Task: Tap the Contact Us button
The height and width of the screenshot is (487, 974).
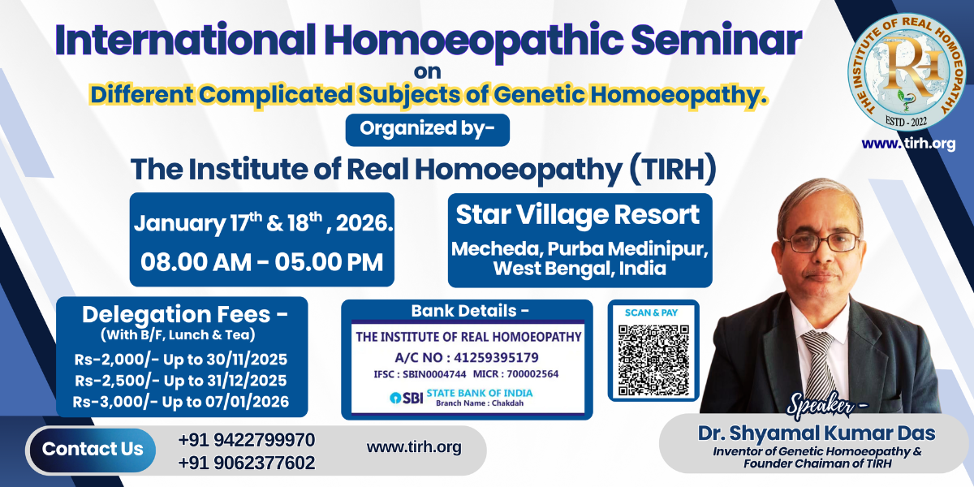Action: click(x=93, y=449)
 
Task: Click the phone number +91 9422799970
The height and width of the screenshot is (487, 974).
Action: click(x=247, y=440)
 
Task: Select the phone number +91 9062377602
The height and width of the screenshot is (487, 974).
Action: click(x=247, y=463)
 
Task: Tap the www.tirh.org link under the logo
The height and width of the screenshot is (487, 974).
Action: click(x=908, y=144)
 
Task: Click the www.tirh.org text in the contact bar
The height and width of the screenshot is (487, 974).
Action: click(x=414, y=447)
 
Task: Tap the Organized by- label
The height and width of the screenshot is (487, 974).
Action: click(x=427, y=129)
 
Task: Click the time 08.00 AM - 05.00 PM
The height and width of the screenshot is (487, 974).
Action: click(x=261, y=262)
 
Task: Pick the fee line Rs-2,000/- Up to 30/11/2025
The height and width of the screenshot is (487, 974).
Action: click(x=180, y=360)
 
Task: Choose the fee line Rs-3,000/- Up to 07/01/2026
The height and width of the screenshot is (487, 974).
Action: click(x=180, y=402)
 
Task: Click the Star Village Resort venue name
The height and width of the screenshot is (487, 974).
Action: click(x=578, y=215)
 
